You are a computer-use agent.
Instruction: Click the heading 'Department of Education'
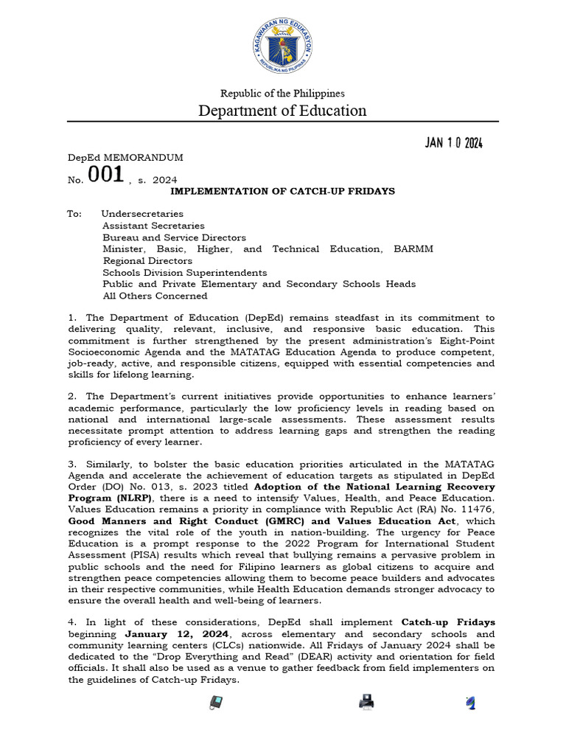pyautogui.click(x=283, y=111)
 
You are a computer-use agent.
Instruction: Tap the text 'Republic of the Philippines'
pyautogui.click(x=283, y=94)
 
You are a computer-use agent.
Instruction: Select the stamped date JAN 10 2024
pyautogui.click(x=453, y=143)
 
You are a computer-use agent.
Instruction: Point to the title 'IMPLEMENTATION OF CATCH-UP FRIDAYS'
pyautogui.click(x=283, y=191)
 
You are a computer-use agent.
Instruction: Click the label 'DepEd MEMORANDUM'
pyautogui.click(x=125, y=158)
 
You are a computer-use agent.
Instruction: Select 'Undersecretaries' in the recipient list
pyautogui.click(x=142, y=214)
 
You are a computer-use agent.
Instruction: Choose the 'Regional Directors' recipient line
pyautogui.click(x=147, y=261)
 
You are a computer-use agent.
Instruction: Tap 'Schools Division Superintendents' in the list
pyautogui.click(x=184, y=273)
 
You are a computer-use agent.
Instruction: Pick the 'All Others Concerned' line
pyautogui.click(x=155, y=296)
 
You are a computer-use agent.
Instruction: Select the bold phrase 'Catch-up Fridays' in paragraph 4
pyautogui.click(x=448, y=622)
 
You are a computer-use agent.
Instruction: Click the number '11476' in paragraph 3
pyautogui.click(x=479, y=510)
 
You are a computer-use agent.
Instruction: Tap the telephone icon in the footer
pyautogui.click(x=216, y=703)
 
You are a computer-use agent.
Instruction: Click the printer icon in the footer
pyautogui.click(x=366, y=702)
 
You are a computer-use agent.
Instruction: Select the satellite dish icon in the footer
pyautogui.click(x=470, y=703)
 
